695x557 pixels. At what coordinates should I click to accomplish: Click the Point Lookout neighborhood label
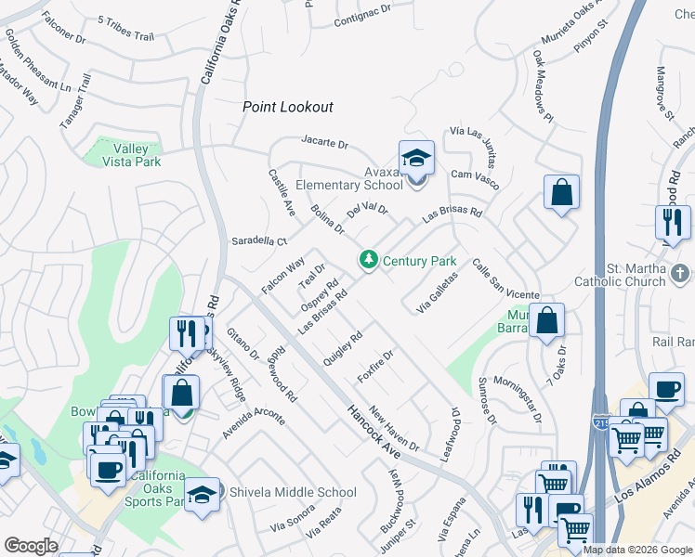point(287,107)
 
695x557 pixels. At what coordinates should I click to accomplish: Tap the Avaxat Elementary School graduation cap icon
point(416,157)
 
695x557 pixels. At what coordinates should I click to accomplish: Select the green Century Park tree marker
point(369,259)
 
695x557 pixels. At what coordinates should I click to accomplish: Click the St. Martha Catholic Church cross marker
point(681,273)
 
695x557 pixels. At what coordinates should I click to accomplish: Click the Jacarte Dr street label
point(323,144)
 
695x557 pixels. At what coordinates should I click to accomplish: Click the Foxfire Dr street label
point(376,367)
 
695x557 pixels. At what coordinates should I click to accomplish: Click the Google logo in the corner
point(31,546)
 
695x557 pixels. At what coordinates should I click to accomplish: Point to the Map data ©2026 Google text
point(637,550)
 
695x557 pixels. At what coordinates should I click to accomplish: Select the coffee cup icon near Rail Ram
point(665,390)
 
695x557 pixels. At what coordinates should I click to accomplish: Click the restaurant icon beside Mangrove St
point(672,222)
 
